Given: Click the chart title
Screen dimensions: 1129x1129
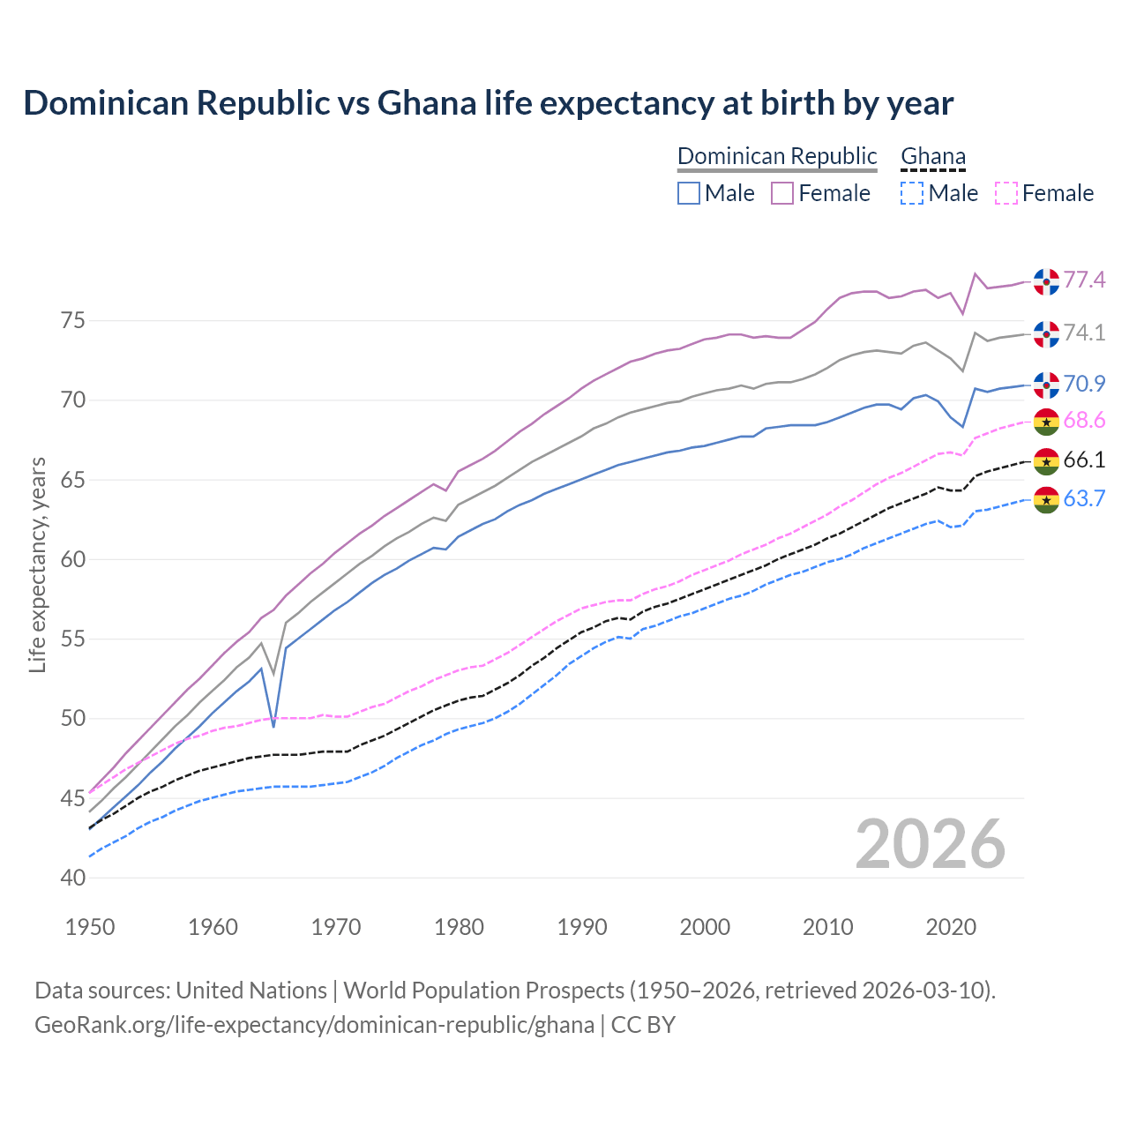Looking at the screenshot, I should point(488,103).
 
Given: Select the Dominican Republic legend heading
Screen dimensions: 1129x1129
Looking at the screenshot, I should point(777,156).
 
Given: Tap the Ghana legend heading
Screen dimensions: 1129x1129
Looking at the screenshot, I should point(933,156).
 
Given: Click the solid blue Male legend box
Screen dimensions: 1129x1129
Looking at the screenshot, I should point(689,193).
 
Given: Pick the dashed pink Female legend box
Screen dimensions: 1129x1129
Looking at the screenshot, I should point(1006,193).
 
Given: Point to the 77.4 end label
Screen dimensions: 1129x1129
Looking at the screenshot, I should point(1084,280).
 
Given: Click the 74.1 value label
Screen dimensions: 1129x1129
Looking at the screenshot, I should point(1084,333).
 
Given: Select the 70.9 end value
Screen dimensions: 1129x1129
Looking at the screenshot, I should point(1084,384).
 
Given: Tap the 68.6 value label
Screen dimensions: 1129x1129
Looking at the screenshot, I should point(1084,421).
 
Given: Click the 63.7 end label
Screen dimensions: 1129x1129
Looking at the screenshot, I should point(1084,498).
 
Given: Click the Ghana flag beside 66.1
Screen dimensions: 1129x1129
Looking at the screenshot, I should point(1046,460).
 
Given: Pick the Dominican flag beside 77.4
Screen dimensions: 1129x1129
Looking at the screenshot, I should point(1046,281).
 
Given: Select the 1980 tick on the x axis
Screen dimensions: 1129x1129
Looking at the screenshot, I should point(459,927).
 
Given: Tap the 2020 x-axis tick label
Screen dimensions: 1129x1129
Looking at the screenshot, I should point(951,927).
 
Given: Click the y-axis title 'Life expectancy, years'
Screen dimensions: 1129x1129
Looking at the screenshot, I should point(37,564).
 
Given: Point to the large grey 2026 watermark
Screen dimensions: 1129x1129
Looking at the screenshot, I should point(931,844).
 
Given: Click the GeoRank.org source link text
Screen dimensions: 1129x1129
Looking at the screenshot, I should point(314,1025).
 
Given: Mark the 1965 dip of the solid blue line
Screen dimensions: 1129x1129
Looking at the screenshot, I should point(273,726).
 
